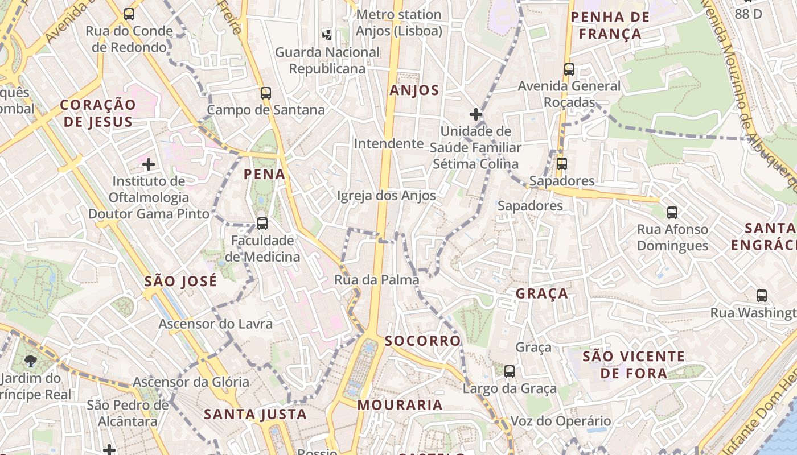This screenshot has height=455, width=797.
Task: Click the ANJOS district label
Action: point(414,90)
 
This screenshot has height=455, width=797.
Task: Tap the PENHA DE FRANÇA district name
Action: point(610,26)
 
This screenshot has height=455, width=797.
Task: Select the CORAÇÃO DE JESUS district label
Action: point(98,113)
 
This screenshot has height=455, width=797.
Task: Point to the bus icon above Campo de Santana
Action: point(266,93)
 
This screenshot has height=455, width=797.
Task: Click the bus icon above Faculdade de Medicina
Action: point(262,224)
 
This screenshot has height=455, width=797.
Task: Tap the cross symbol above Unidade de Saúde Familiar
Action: point(475,114)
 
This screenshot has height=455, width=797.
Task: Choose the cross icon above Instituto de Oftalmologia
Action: point(149,165)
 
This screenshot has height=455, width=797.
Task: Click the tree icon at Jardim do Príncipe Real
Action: point(31,361)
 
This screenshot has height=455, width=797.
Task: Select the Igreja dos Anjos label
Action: point(387,196)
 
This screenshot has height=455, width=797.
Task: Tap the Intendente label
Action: point(389,144)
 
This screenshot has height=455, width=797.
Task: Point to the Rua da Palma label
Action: point(376,280)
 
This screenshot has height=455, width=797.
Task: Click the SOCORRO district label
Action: point(422,341)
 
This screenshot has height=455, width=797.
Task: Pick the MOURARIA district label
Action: point(400,405)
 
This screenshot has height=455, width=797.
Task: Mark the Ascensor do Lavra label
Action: point(216,324)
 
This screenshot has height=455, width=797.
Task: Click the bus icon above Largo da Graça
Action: point(510,371)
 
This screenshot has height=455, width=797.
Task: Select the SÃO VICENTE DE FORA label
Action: point(634,365)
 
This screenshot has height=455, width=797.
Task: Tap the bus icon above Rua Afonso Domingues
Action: point(672,213)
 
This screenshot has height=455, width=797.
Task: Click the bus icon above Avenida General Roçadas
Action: point(569,69)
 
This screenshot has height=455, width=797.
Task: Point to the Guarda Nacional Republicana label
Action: point(327,60)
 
